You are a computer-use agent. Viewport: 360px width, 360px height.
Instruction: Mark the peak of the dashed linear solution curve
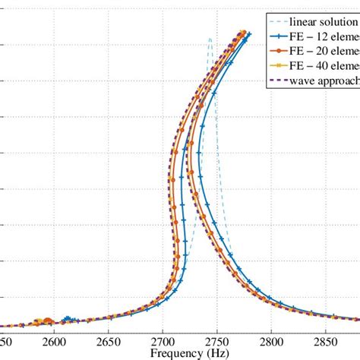[x=210, y=37]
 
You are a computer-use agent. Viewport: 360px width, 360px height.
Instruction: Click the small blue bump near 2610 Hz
[x=68, y=319]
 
